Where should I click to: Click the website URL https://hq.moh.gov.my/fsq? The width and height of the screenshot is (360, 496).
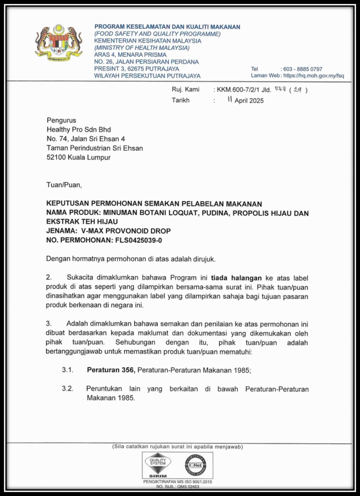(313, 76)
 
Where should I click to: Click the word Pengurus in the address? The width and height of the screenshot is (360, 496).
(61, 120)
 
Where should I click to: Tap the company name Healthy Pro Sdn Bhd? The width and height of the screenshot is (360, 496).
(78, 129)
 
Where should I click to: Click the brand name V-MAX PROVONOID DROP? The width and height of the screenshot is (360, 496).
(126, 231)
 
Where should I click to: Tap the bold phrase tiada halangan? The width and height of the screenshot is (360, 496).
(236, 278)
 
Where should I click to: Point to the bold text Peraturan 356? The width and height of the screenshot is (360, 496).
(111, 370)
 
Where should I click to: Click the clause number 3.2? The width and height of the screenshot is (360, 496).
(67, 389)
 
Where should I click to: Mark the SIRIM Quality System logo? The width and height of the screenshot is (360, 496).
(158, 465)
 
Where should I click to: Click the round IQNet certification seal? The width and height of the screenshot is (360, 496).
(195, 465)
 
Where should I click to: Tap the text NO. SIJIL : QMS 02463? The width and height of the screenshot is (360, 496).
(177, 486)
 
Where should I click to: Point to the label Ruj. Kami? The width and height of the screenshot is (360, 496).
(186, 90)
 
